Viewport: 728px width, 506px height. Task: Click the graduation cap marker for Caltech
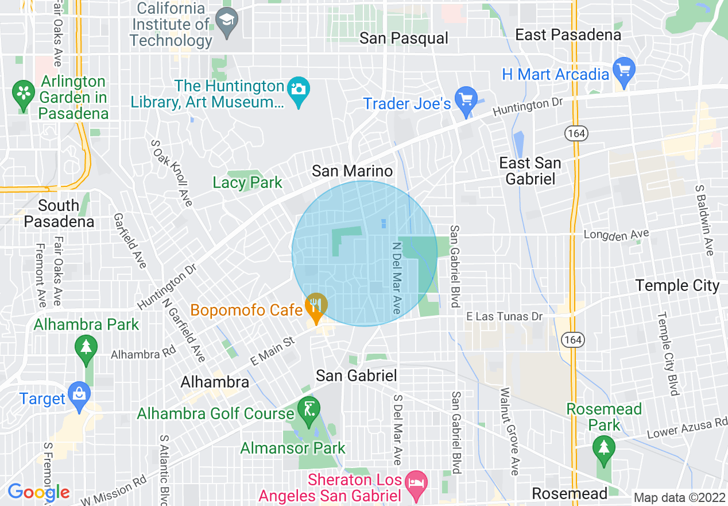pyautogui.click(x=226, y=24)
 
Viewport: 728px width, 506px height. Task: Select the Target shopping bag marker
pyautogui.click(x=78, y=396)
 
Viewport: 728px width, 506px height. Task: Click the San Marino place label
pyautogui.click(x=352, y=171)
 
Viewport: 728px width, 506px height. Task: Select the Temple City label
pyautogui.click(x=677, y=285)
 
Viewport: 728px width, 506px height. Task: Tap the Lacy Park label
pyautogui.click(x=247, y=183)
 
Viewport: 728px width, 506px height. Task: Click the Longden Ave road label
pyautogui.click(x=616, y=235)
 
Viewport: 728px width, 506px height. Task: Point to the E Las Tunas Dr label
pyautogui.click(x=504, y=316)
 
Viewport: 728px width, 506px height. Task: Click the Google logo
pyautogui.click(x=38, y=492)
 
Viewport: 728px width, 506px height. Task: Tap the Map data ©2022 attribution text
pyautogui.click(x=678, y=497)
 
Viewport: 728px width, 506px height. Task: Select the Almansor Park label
pyautogui.click(x=293, y=448)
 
